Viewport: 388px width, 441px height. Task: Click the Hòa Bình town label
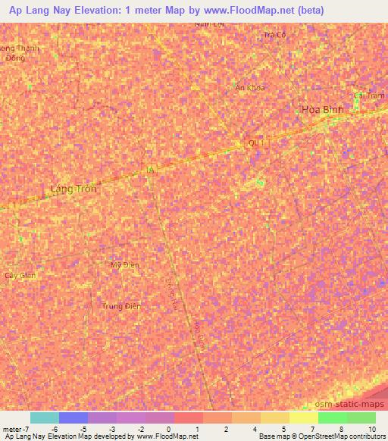coord(323,109)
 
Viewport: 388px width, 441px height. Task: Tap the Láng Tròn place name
coord(73,189)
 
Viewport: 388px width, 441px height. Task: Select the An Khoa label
coord(250,88)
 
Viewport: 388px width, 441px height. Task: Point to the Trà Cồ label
coord(274,35)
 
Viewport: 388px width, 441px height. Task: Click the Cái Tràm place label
coord(370,95)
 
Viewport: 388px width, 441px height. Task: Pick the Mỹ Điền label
coord(126,265)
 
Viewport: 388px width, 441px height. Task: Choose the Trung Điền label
coord(121,306)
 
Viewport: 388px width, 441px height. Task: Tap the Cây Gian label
coord(20,276)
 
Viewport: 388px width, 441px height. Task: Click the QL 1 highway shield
coord(257,142)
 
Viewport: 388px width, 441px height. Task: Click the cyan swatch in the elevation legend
coord(44,418)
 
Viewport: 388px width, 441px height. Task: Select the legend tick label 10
coord(372,429)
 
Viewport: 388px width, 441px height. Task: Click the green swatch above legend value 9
coord(361,418)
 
